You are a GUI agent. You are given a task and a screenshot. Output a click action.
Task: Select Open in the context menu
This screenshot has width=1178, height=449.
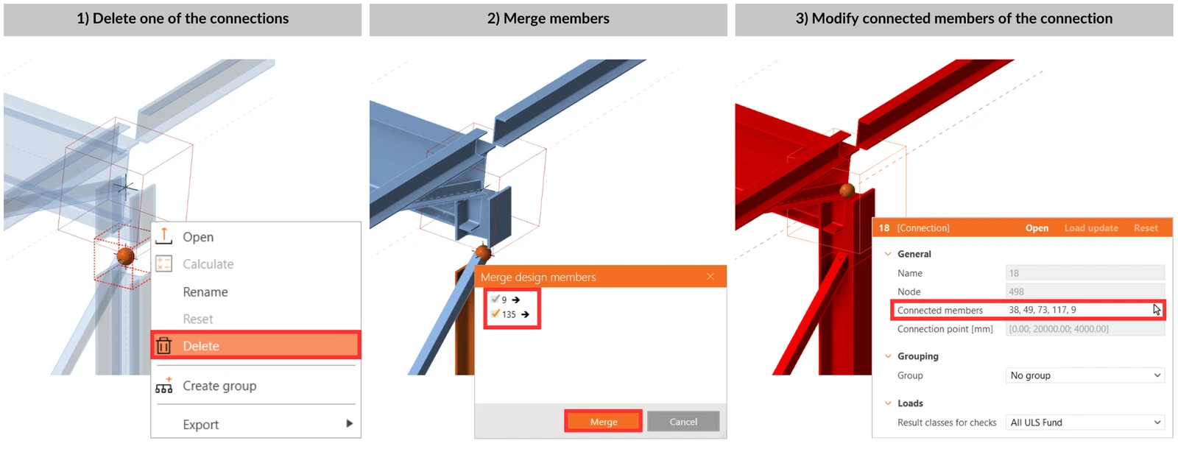(x=198, y=237)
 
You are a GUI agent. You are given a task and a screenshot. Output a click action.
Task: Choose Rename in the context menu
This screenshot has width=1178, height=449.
(x=205, y=291)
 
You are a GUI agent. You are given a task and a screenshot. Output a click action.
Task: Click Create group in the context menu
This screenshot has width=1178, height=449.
(x=219, y=386)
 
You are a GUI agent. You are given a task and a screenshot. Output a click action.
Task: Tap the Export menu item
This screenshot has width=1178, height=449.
(x=200, y=424)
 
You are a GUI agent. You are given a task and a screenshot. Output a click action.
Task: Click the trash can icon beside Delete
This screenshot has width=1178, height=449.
(x=163, y=345)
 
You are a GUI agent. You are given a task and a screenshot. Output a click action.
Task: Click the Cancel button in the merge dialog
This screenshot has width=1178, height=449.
(x=683, y=422)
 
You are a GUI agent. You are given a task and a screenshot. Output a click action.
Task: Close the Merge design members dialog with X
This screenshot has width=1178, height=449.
(x=710, y=277)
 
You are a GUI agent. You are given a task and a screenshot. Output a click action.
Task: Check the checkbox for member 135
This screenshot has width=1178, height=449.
(x=495, y=314)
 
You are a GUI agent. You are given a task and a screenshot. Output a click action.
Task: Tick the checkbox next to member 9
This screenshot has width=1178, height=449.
(x=495, y=299)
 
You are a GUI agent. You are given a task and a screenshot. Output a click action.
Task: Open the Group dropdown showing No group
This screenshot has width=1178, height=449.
(x=1085, y=375)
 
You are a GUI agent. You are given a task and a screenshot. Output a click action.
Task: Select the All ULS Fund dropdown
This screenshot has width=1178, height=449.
(x=1085, y=423)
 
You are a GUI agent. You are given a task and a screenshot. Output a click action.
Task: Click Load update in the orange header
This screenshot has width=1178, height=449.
(x=1091, y=228)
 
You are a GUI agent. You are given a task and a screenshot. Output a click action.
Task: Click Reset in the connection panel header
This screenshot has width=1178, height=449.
(x=1146, y=228)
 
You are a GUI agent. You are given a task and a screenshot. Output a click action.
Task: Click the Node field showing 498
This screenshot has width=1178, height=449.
(x=1085, y=291)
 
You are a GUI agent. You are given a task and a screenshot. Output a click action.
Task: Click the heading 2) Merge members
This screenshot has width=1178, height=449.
(x=548, y=18)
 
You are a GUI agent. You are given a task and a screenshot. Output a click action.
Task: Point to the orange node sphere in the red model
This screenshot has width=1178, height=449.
(x=847, y=190)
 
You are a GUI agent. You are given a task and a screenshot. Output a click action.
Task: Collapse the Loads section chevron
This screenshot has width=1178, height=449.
(x=888, y=403)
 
